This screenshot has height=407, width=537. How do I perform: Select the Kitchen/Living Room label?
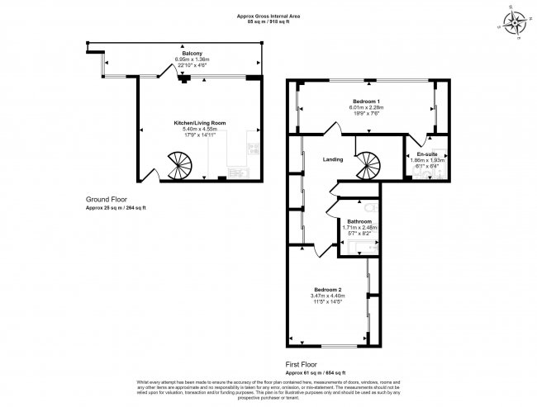point(200,122)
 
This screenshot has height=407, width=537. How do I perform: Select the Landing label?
point(333,159)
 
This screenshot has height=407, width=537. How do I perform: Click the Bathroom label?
point(359,222)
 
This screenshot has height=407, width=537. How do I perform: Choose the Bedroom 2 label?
point(326,290)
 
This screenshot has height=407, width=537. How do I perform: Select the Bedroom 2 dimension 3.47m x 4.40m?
point(326,296)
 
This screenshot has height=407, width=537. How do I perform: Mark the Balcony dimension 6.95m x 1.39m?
point(192,59)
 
